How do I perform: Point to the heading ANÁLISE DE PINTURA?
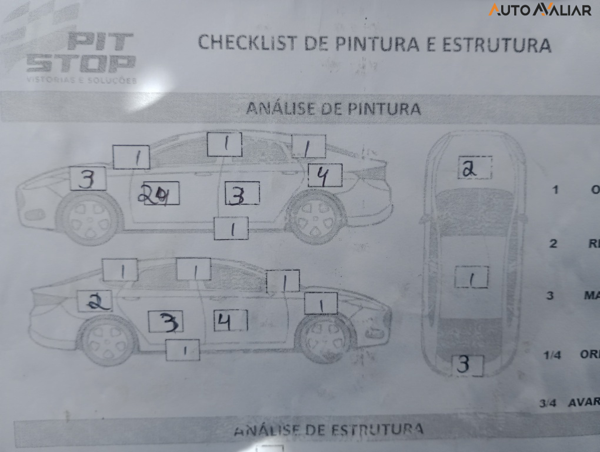(x=333, y=109)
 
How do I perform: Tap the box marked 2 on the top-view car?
(x=474, y=168)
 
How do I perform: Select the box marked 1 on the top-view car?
(x=472, y=278)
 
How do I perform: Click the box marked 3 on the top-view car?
(x=468, y=365)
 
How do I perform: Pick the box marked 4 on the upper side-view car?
(x=325, y=175)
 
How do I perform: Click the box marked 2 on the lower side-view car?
(x=95, y=301)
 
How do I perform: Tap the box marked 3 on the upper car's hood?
(x=88, y=179)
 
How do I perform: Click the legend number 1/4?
(x=552, y=355)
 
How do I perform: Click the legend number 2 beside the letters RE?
(x=553, y=244)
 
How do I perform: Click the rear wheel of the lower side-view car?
(x=108, y=341)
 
